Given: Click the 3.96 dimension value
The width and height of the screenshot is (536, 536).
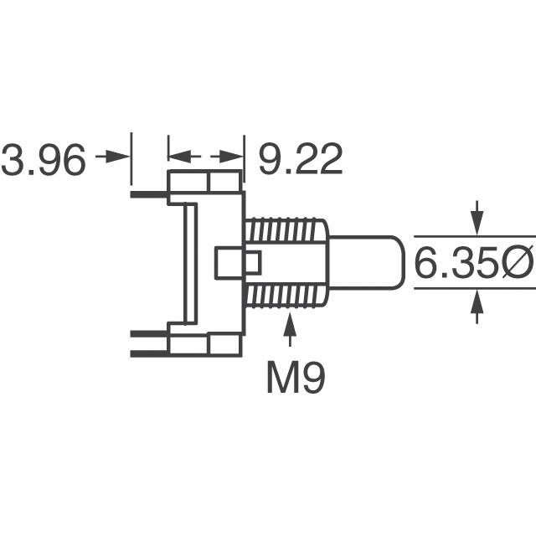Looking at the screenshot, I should (x=44, y=160).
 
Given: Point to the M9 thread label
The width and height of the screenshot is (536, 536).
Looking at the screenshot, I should (x=296, y=379).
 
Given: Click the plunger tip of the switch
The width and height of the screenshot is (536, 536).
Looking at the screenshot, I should (x=368, y=263).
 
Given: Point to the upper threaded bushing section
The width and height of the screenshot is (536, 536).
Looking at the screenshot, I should (x=285, y=230).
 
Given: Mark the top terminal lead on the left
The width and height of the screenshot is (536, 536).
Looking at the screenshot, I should (x=149, y=194).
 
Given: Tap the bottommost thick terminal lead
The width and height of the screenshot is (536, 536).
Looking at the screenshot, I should (x=149, y=353).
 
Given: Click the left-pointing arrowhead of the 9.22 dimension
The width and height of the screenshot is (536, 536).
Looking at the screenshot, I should (x=178, y=157).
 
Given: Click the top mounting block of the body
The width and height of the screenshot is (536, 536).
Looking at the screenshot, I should (x=205, y=182).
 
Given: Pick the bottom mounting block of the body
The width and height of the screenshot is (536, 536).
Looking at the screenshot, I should (x=205, y=344).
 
